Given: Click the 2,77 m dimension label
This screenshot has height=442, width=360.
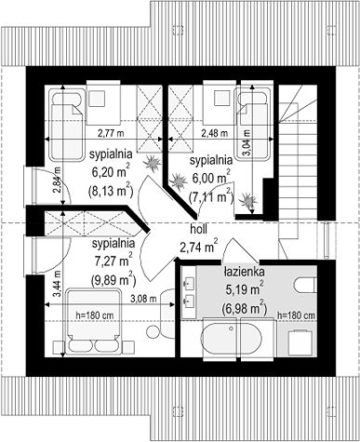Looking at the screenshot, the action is (111, 133).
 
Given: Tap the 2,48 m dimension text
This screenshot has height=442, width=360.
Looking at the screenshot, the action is (215, 133).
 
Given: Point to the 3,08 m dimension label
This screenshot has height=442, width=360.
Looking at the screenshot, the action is (143, 299).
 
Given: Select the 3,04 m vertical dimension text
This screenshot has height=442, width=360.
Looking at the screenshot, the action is (247, 142).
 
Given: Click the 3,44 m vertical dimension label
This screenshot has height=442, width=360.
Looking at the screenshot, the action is (57, 284).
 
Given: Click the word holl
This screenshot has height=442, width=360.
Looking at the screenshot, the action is (198, 230).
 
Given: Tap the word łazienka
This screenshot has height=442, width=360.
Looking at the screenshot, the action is (245, 272).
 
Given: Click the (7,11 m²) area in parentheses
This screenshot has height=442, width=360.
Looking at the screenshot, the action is (211, 196).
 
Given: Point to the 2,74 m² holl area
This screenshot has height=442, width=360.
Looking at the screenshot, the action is (198, 247).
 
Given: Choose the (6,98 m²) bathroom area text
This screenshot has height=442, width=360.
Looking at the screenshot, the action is (245, 308).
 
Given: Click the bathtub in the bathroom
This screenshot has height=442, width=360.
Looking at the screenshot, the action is (232, 339).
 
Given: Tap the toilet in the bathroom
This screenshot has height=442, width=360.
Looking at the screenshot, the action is (305, 285).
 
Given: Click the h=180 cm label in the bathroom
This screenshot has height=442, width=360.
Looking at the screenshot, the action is (297, 315).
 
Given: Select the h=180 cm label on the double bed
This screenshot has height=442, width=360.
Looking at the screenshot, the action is (95, 315).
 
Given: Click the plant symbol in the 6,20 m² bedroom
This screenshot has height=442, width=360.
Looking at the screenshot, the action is (153, 163).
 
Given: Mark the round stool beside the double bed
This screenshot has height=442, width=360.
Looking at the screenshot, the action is (153, 332).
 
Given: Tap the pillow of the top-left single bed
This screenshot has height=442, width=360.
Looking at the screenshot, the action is (66, 97).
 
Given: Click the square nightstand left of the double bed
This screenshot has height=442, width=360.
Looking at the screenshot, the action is (59, 347).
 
